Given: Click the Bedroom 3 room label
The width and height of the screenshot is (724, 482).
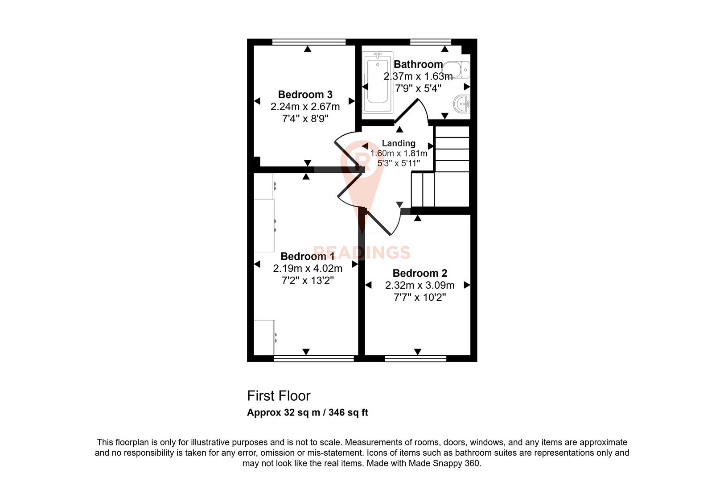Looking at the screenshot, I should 305,95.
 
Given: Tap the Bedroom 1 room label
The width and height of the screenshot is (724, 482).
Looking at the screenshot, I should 307,256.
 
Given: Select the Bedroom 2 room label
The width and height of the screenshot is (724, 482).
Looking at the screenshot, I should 420,273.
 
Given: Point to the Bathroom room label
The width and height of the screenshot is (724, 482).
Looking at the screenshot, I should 418,64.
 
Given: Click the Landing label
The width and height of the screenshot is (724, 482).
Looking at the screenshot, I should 399,143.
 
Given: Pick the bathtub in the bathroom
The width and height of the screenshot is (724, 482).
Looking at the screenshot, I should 378,83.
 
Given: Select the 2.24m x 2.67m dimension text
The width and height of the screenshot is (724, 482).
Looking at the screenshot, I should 305,107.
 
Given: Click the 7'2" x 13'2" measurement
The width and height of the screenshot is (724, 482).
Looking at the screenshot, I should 308,280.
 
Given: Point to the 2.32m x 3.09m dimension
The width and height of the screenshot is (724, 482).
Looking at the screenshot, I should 420,285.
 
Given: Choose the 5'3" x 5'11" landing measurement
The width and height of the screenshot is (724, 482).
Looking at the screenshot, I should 399,163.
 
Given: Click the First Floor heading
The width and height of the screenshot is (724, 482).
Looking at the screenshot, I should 279,396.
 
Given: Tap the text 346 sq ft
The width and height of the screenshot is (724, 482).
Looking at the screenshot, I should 348,413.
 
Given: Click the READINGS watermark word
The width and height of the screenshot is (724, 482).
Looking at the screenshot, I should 361,253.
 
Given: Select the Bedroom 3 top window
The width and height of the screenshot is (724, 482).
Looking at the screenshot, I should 309,42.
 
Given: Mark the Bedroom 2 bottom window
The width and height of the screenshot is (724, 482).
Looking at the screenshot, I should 415,358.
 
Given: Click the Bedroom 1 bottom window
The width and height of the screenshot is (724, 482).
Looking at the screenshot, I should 314,358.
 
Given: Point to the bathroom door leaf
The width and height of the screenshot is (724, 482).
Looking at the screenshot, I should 407,111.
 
